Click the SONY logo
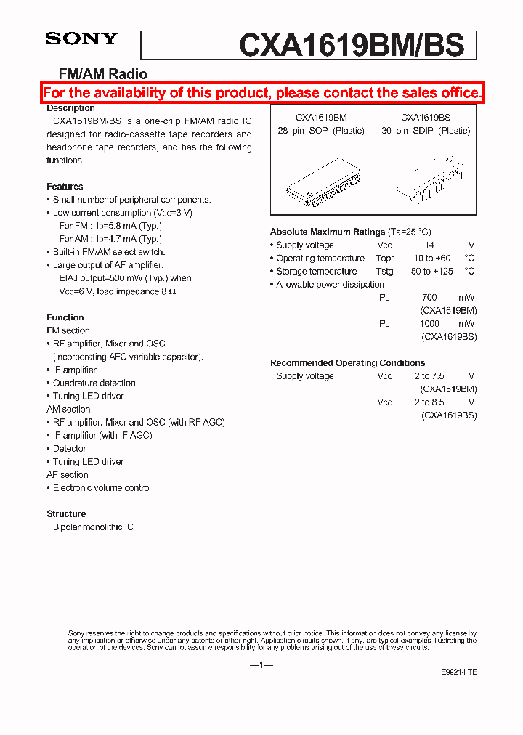(81, 39)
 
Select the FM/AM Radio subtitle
(102, 74)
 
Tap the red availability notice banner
(261, 93)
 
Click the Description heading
(70, 108)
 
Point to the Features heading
(65, 187)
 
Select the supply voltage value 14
(429, 245)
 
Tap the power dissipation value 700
(429, 298)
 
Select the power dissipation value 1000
(429, 324)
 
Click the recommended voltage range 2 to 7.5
(429, 376)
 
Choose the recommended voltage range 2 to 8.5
(429, 402)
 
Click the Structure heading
(66, 514)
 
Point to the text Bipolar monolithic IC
(93, 527)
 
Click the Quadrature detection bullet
(94, 383)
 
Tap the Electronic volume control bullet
(102, 488)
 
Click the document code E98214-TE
(458, 673)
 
